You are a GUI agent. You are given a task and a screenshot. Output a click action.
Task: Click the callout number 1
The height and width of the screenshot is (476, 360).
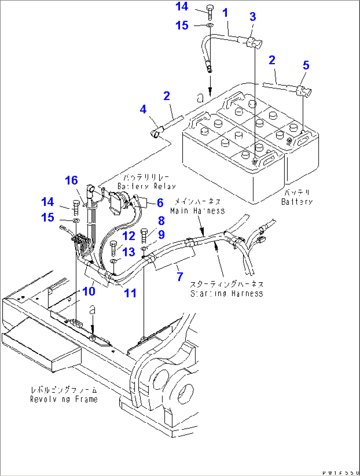[x=225, y=13]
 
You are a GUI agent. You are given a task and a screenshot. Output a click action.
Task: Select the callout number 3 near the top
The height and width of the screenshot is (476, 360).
[x=253, y=17]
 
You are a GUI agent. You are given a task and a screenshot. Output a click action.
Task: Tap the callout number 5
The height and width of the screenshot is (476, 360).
[x=306, y=65]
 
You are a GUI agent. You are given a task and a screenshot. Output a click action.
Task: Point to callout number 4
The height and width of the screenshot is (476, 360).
[x=143, y=109]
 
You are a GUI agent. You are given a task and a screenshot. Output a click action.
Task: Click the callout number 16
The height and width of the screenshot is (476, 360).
[x=71, y=181]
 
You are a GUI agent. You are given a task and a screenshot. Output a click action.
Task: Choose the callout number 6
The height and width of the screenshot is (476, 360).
[x=160, y=203]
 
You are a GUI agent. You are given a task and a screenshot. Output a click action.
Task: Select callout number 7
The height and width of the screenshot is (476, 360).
[x=180, y=277]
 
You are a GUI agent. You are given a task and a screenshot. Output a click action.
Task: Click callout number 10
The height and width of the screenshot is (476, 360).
[x=89, y=291]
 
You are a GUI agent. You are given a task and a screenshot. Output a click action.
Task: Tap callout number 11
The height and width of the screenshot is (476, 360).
[x=130, y=293]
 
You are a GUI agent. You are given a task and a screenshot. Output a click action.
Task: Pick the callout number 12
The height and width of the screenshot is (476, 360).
[x=129, y=236]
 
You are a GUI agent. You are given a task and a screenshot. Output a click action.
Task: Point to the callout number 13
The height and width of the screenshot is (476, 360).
[x=129, y=252]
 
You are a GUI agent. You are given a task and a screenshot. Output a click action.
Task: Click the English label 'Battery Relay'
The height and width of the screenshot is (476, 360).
[x=147, y=186]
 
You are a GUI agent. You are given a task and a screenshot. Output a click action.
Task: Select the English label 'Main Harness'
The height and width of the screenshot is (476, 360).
[x=198, y=211]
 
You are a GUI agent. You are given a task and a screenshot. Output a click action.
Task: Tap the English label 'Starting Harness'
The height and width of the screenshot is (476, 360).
[x=227, y=293]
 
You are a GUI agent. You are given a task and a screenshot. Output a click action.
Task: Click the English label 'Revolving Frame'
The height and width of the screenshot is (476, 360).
[x=64, y=399]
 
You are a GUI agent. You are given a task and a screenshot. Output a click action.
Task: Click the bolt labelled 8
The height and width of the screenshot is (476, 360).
[x=145, y=235]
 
